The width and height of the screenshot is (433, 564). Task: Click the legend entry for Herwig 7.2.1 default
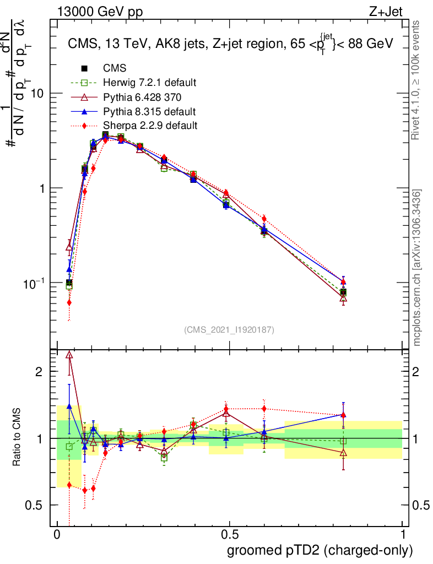tap(149, 83)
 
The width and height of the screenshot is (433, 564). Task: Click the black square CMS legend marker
tap(84, 68)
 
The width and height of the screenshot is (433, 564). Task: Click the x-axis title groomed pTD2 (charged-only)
tap(320, 550)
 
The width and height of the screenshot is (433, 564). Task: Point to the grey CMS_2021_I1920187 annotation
tap(229, 330)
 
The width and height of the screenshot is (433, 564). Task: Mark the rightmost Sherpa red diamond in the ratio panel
tap(343, 415)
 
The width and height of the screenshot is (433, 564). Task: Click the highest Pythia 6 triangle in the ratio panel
tap(69, 355)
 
